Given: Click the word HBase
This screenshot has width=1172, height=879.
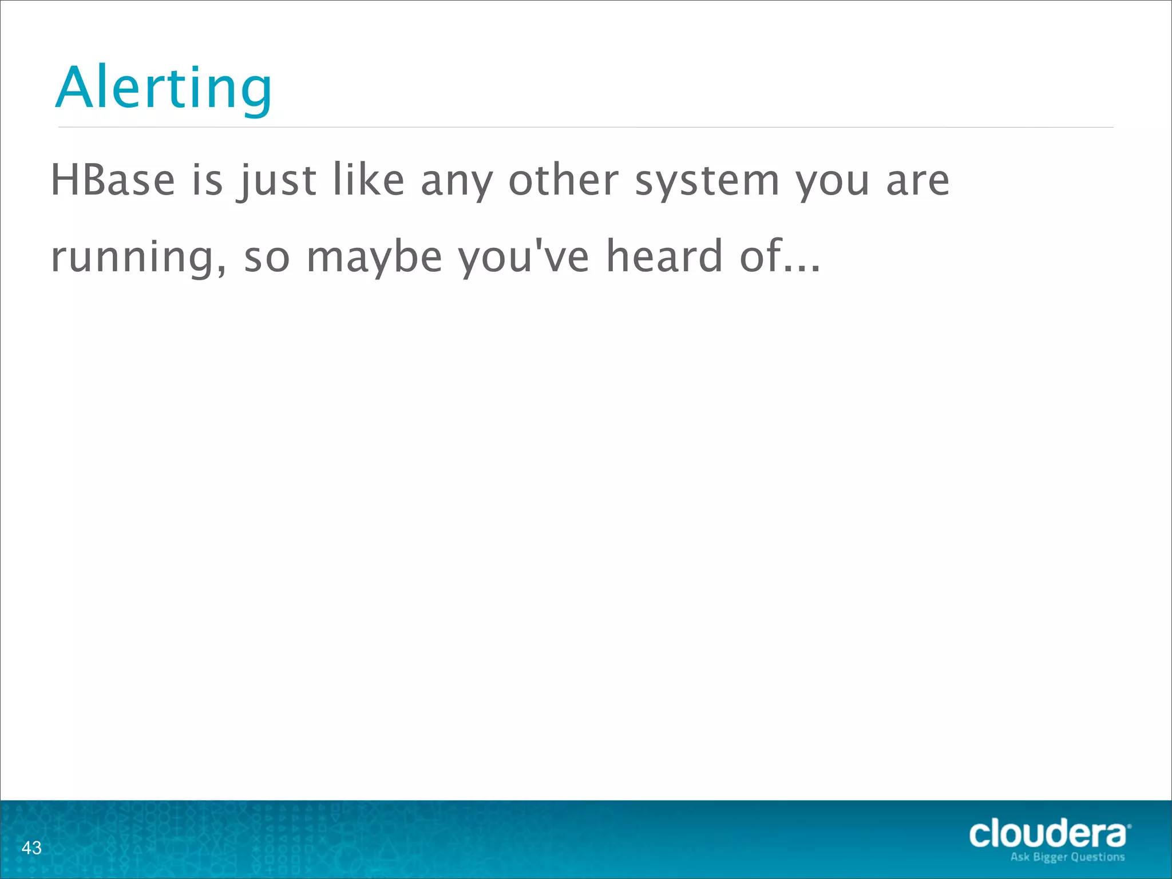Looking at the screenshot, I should (x=113, y=180).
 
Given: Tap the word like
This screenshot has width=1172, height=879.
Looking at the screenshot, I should (x=369, y=180).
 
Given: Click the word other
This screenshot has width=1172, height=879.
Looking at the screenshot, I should (x=564, y=180).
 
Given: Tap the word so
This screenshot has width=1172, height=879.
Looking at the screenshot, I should (x=267, y=258).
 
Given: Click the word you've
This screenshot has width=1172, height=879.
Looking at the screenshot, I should (x=524, y=257).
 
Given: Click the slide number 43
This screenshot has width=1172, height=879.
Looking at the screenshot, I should (x=31, y=848).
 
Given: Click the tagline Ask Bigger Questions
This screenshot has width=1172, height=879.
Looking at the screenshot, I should (x=1067, y=857).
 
